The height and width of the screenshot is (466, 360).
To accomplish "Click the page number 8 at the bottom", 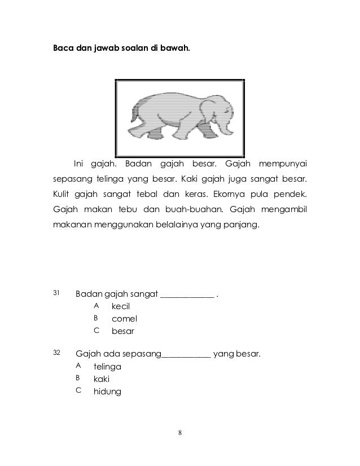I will point(179,433).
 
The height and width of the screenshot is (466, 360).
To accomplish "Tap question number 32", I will point(56,353).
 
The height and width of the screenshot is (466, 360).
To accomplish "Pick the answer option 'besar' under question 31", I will point(123,331).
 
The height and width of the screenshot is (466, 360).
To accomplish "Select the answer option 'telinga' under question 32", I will point(107,367).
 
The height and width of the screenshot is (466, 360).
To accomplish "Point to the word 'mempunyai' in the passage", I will point(283,164).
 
